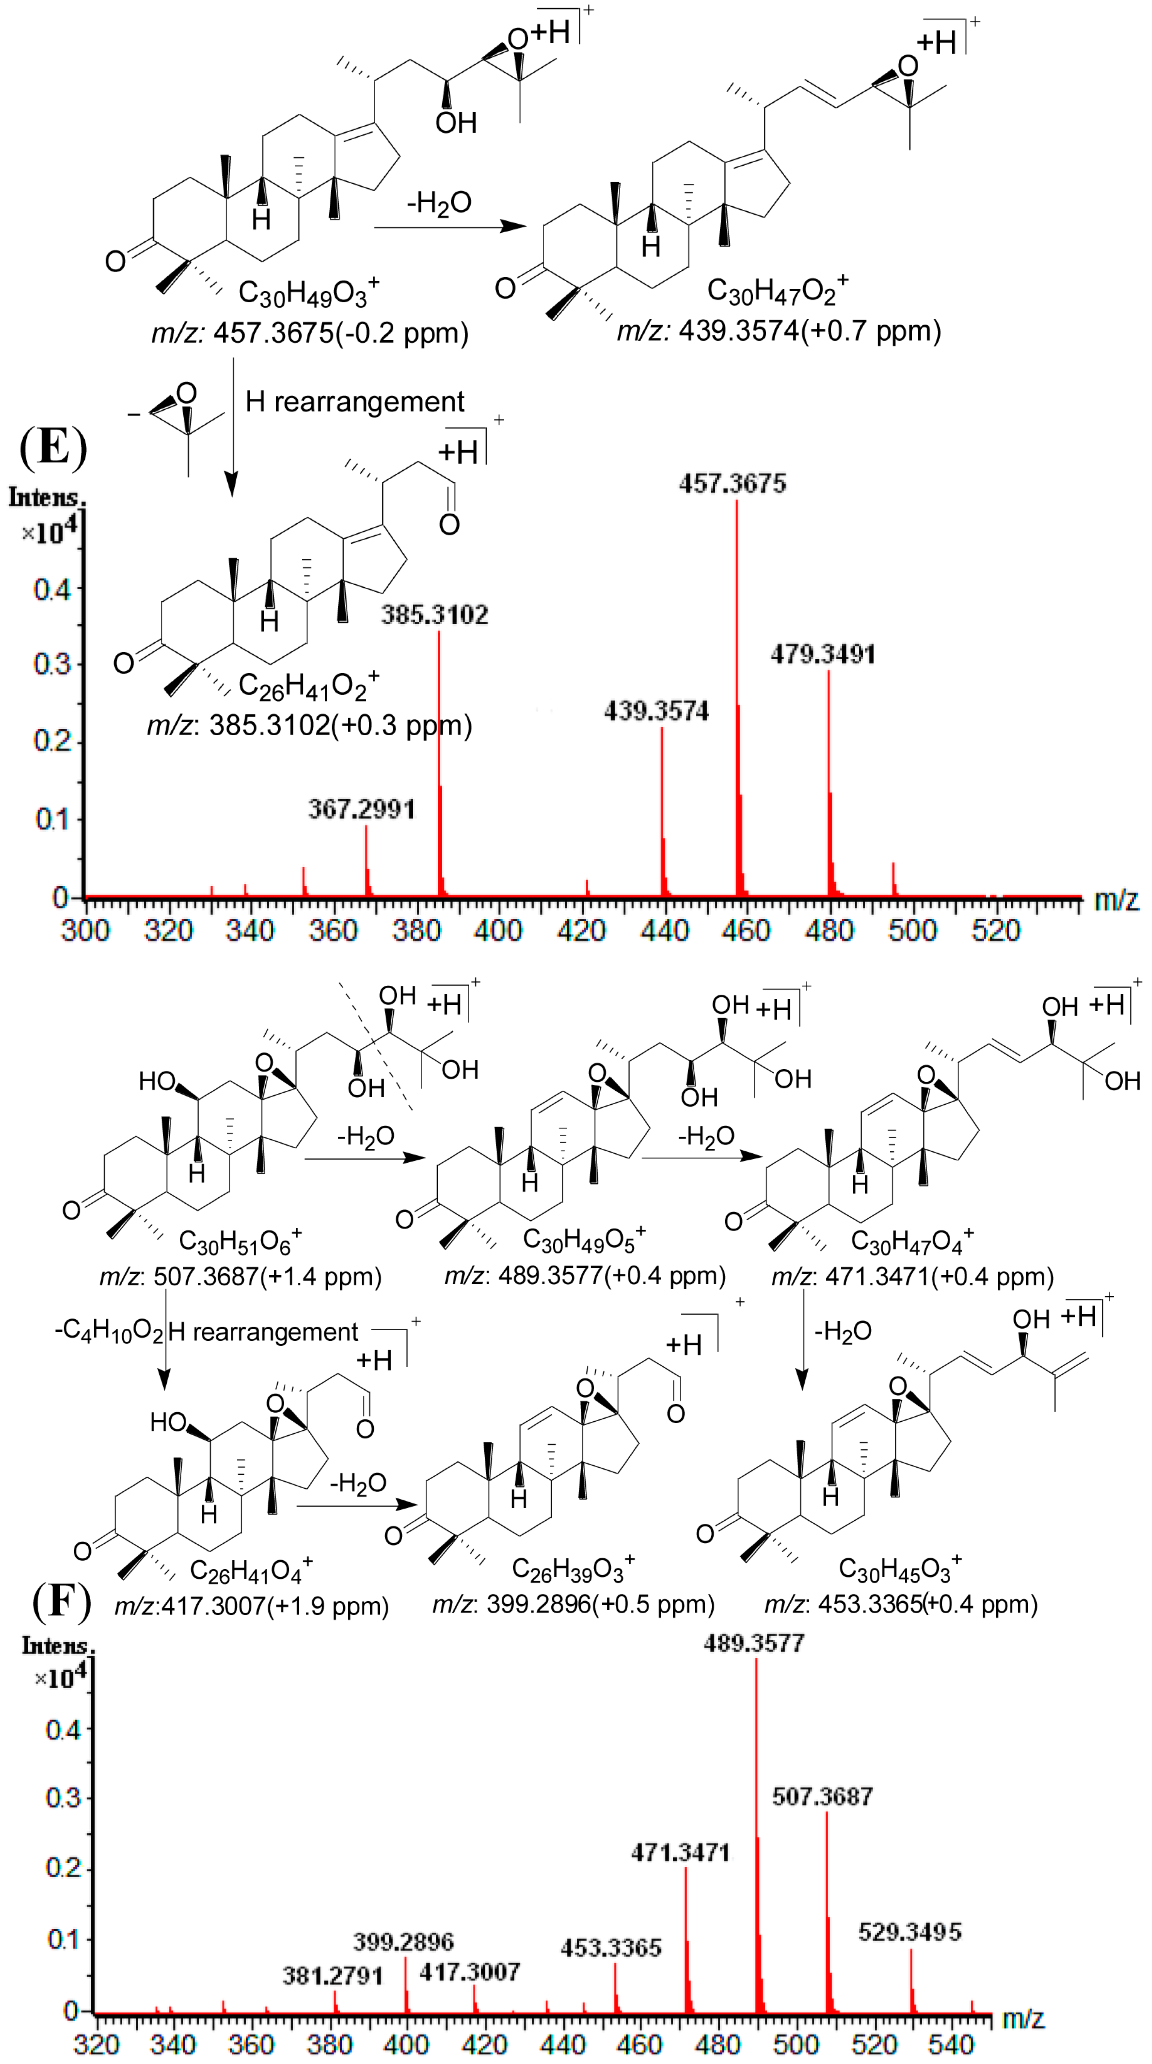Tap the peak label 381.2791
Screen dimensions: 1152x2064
pyautogui.click(x=332, y=1976)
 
